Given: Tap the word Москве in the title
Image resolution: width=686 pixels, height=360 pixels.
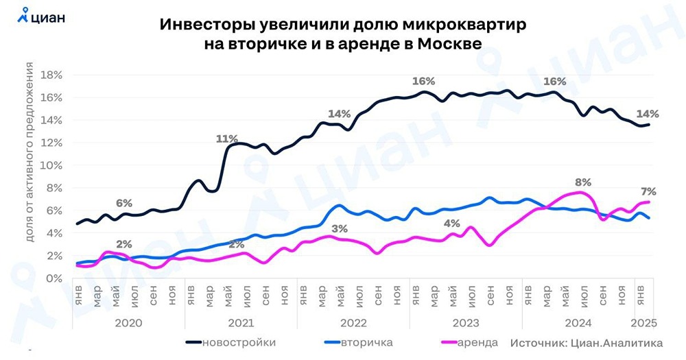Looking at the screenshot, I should click(x=455, y=43).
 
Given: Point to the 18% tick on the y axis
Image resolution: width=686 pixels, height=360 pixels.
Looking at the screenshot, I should click(x=53, y=75).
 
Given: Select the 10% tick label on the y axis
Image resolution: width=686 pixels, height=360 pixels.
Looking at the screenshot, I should click(x=53, y=165).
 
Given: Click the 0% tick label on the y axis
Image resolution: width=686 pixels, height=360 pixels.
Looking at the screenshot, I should click(x=56, y=278).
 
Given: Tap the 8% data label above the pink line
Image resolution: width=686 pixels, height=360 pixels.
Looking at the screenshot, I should click(x=582, y=182).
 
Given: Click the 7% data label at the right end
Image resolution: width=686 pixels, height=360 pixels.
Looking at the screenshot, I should click(x=649, y=191).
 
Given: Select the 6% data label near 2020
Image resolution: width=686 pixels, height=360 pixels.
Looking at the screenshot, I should click(x=123, y=203).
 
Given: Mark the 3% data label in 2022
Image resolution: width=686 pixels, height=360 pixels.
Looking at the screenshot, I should click(x=338, y=228).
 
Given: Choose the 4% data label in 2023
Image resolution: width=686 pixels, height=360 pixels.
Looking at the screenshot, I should click(x=451, y=223).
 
